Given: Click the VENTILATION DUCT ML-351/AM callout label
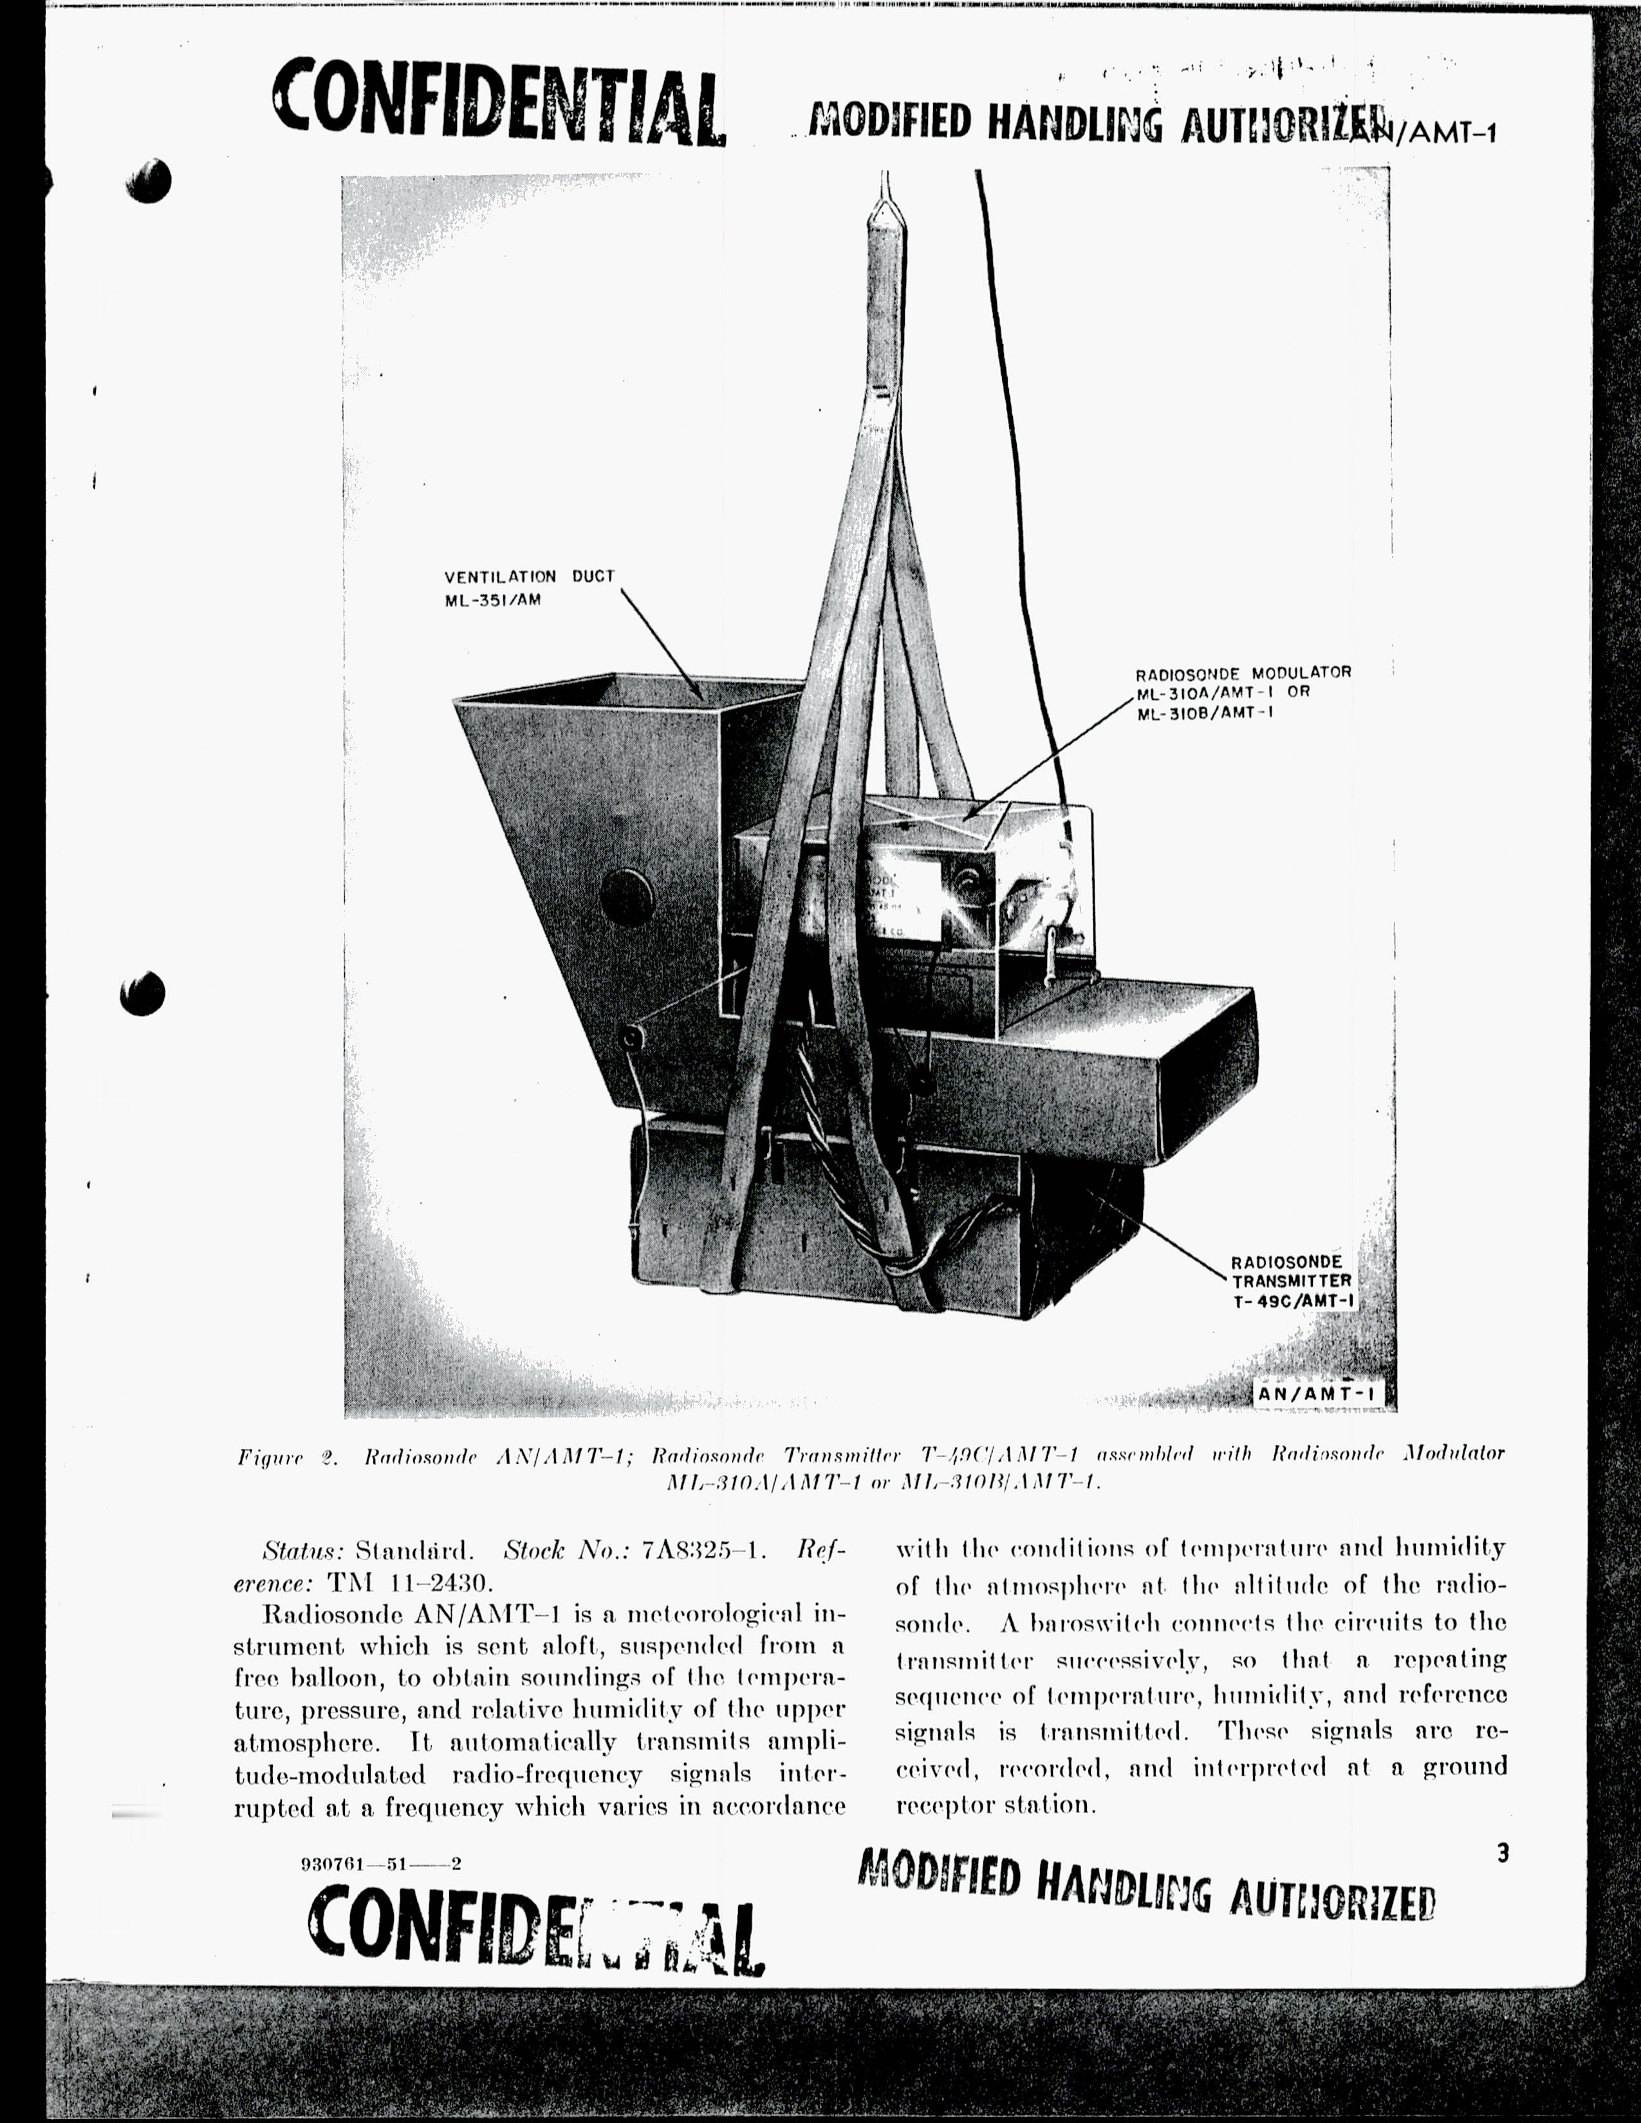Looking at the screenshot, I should pos(530,588).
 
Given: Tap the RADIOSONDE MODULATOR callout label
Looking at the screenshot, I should pos(1243,692).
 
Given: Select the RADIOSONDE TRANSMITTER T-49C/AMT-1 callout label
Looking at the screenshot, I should pos(1292,1281).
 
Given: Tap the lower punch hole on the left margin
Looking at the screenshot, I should pos(143,993).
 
